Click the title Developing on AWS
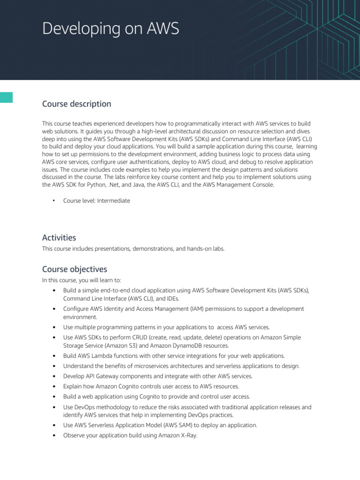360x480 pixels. coord(111,29)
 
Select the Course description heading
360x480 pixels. coord(76,104)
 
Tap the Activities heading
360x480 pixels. coord(59,238)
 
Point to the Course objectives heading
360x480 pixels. coord(75,269)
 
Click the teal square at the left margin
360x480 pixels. coord(6,97)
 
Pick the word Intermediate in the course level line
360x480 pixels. coord(113,201)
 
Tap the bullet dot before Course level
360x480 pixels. coord(54,201)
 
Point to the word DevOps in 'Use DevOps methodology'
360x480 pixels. coord(84,407)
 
